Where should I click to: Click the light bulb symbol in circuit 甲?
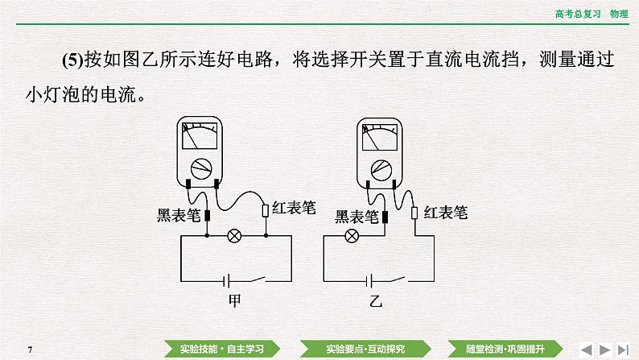pyautogui.click(x=235, y=236)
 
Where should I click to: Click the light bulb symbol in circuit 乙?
pyautogui.click(x=351, y=236)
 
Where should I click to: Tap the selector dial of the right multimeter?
pyautogui.click(x=380, y=169)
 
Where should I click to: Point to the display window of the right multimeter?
pyautogui.click(x=380, y=137)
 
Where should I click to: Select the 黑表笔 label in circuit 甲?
pyautogui.click(x=178, y=215)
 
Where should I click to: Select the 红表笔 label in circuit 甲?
pyautogui.click(x=294, y=209)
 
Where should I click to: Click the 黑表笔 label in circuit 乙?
pyautogui.click(x=357, y=216)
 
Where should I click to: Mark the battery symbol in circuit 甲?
pyautogui.click(x=227, y=280)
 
